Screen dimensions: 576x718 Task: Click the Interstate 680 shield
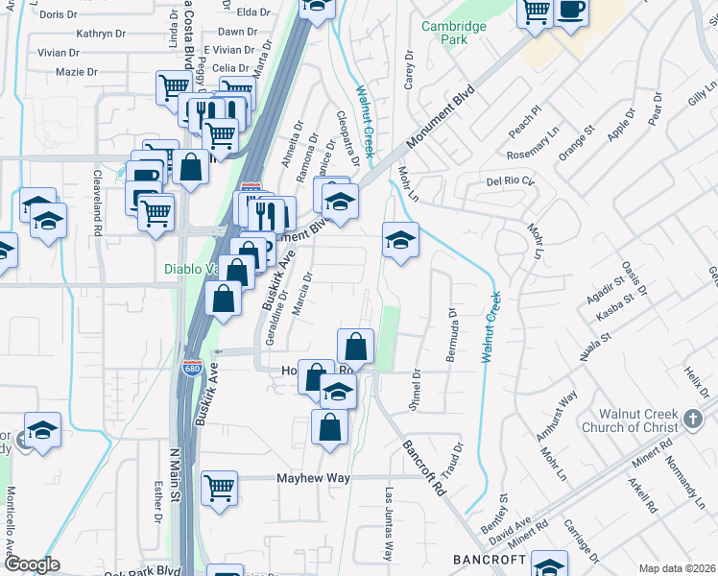coord(191,367)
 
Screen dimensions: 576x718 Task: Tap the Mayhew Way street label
coord(313,478)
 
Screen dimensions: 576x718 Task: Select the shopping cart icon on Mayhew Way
coord(220,487)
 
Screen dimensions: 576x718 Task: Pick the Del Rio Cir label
coord(508,180)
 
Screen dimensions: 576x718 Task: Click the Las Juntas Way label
coord(389,524)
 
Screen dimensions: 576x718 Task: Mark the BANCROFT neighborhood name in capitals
coord(491,559)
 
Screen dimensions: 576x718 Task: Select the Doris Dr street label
coord(58,14)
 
